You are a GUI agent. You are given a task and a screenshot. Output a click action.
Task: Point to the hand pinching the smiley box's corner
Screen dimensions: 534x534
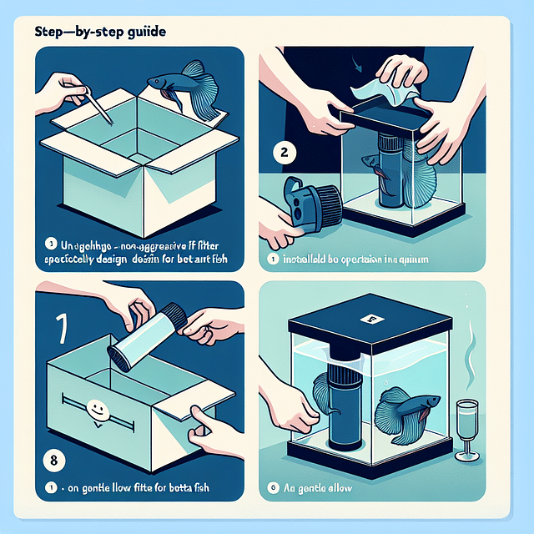click(x=205, y=426)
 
